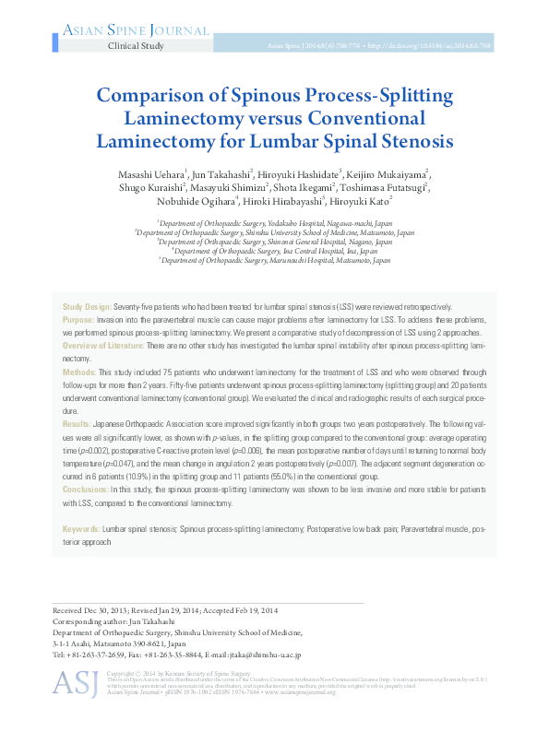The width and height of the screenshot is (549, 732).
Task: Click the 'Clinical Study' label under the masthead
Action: pos(137,45)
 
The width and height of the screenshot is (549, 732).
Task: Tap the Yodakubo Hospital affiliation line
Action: pos(274,222)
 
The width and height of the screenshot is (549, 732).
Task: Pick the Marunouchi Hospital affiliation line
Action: pos(274,260)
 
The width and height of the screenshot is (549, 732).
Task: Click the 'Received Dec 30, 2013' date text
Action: pos(94,611)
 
